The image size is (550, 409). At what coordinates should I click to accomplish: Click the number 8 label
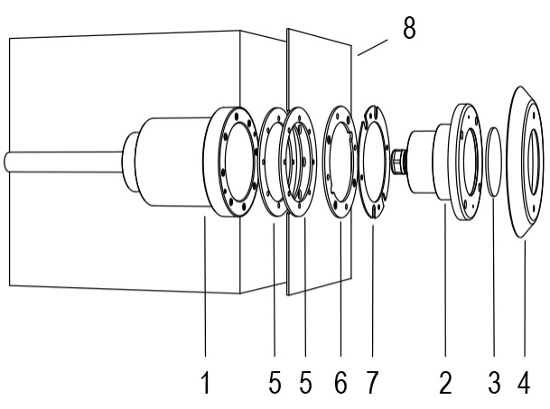point(409,28)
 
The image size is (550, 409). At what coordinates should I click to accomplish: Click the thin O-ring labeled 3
point(489,162)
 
